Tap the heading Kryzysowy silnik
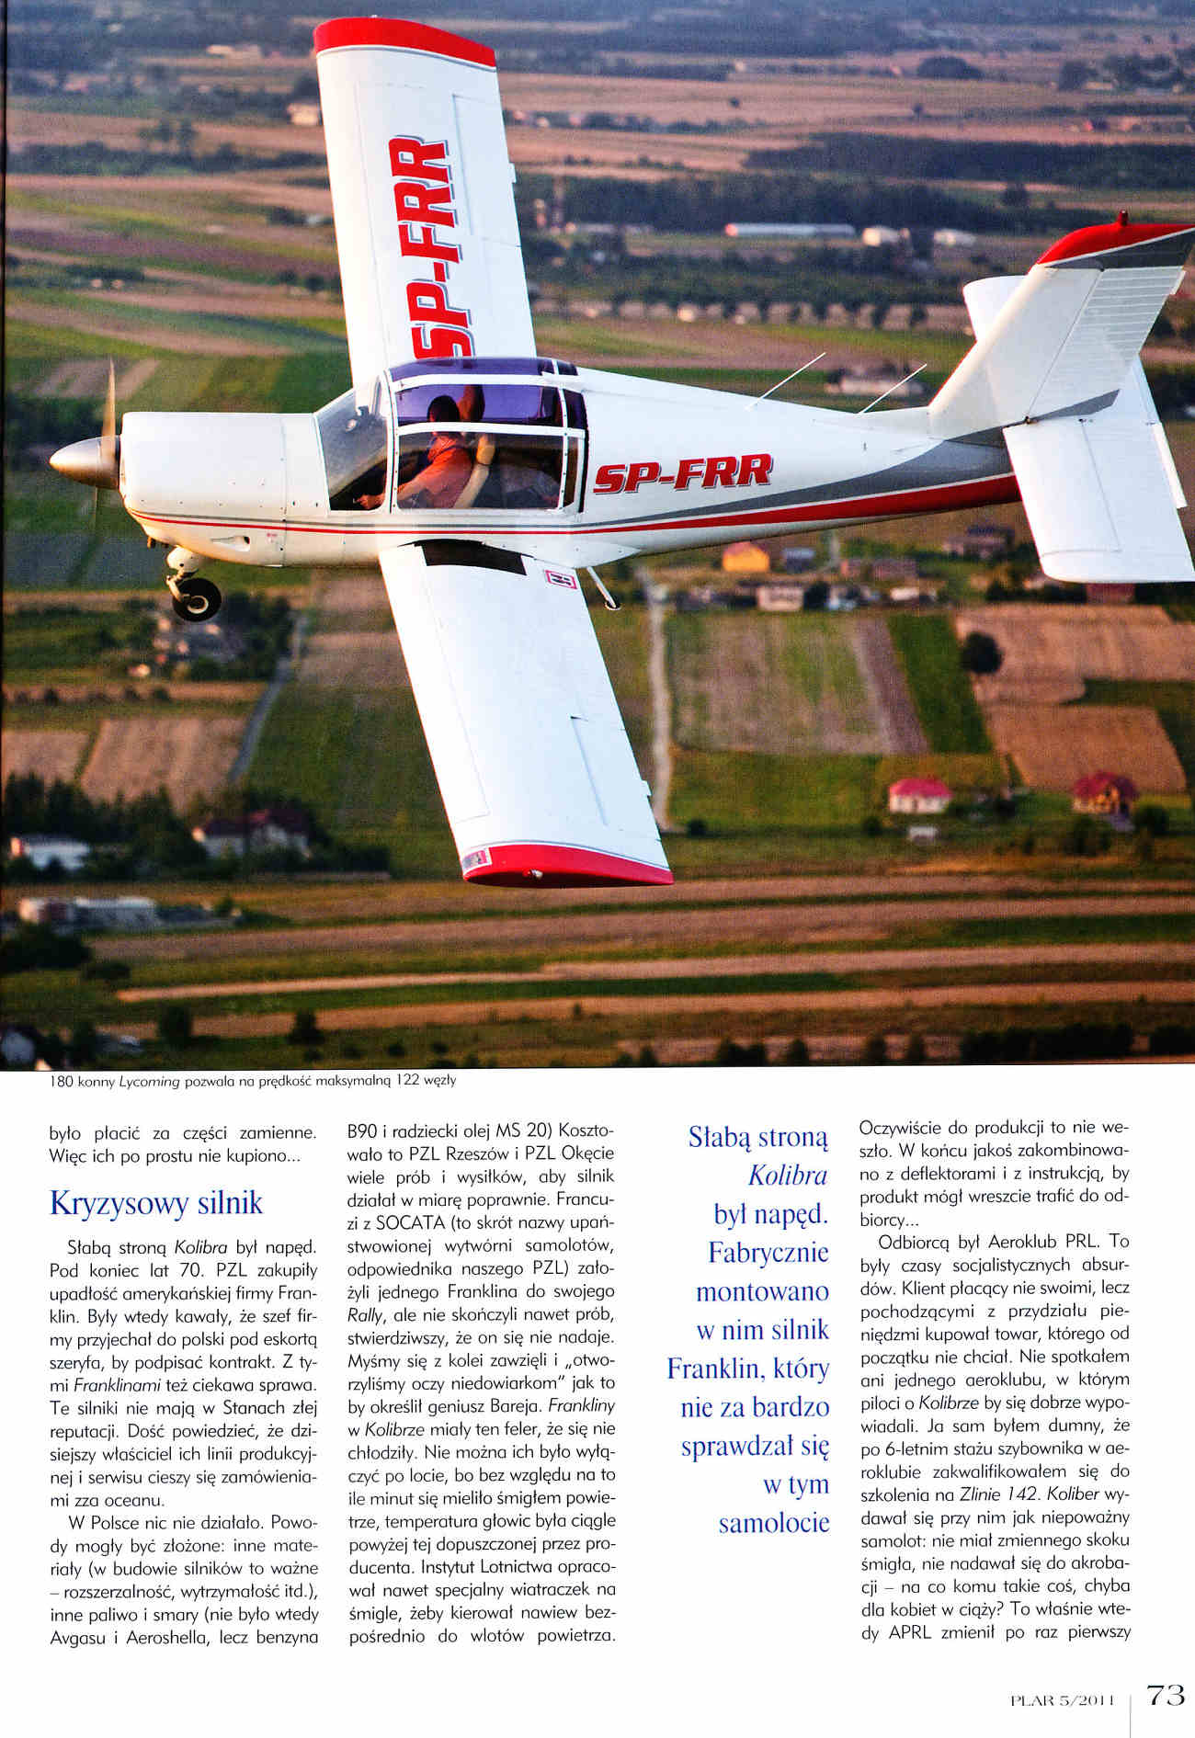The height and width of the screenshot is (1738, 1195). pos(155,1203)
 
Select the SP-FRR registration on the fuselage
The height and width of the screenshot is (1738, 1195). pos(682,473)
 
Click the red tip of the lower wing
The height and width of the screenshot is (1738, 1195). pos(570,866)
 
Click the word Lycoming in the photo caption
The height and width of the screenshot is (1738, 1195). pos(149,1082)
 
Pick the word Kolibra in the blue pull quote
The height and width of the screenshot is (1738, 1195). pos(788,1176)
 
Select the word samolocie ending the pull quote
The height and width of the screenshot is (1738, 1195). pos(773,1523)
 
